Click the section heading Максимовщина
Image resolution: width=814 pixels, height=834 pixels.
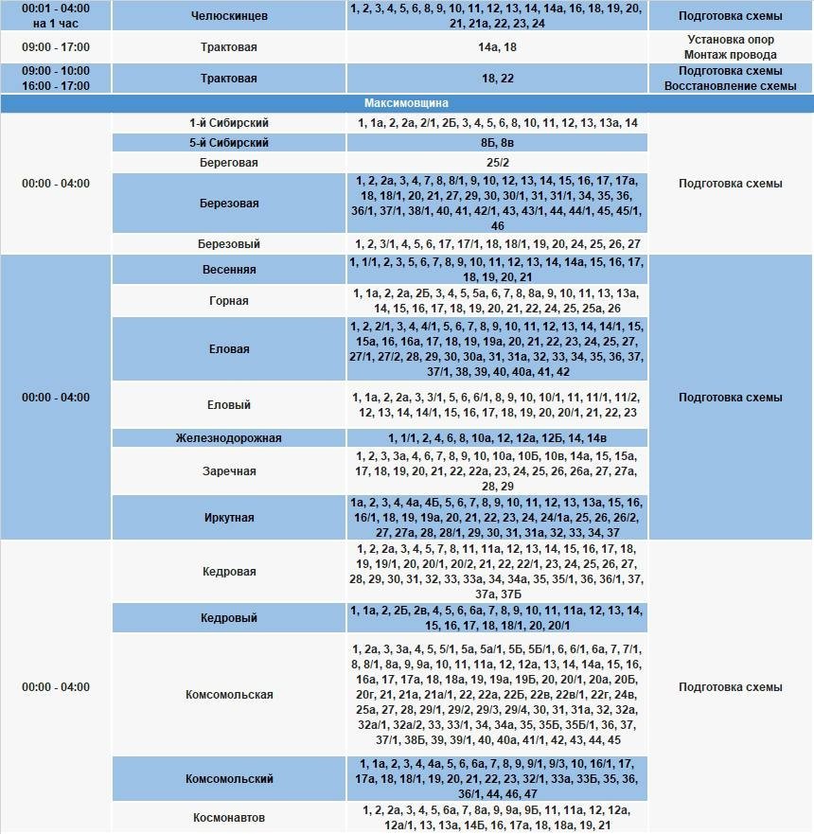406,102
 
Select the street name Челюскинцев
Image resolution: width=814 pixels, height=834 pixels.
229,16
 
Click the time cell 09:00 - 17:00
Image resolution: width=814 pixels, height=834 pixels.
56,46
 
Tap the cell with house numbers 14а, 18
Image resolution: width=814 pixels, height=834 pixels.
497,46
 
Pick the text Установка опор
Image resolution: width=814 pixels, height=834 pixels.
730,40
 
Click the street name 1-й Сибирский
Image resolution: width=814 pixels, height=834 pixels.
229,123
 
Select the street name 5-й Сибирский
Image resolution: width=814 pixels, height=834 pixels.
229,143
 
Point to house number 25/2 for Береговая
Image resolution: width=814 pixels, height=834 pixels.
497,163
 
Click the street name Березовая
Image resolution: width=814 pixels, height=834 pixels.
229,204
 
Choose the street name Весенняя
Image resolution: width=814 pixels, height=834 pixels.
229,270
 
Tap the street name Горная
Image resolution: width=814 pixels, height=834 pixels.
229,301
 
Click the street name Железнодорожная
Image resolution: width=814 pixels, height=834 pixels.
229,438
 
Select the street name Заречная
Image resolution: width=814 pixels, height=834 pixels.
229,471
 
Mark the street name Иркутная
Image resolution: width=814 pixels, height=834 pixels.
229,518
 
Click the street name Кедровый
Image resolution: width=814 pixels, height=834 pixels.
229,618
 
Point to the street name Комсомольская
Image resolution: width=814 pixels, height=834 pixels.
229,695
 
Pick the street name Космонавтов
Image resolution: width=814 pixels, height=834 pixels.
229,818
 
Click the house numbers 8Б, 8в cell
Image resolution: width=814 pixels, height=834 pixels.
497,143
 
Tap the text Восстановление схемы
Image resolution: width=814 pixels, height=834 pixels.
730,86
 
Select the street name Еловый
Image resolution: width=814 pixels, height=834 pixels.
229,405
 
